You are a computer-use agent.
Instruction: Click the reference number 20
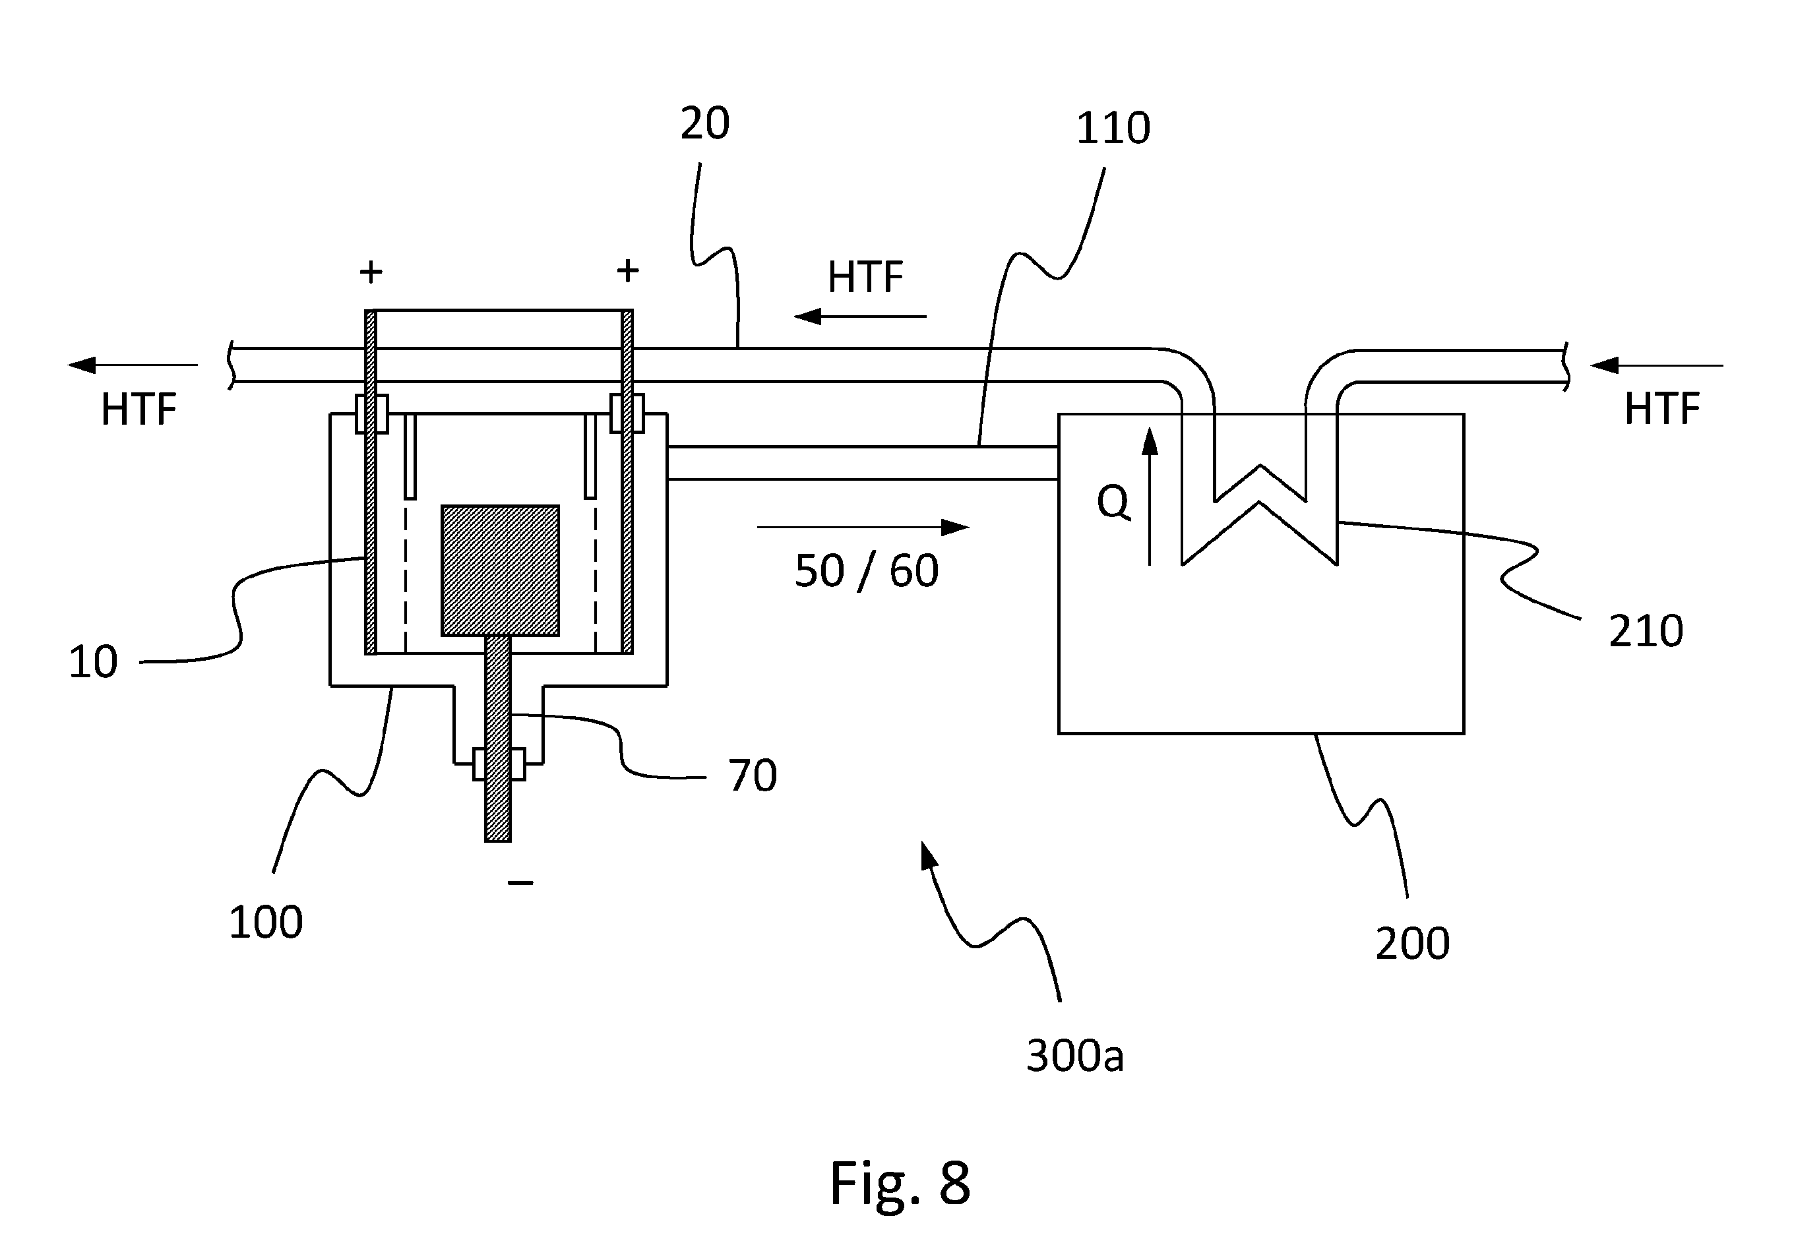pos(704,123)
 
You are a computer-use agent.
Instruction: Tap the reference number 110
pos(1113,128)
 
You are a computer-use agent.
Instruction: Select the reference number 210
pos(1646,630)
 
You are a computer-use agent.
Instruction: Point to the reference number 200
pos(1413,943)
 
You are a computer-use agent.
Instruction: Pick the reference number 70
pos(753,775)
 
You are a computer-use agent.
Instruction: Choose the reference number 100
pos(265,922)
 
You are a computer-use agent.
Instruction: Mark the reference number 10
pos(93,661)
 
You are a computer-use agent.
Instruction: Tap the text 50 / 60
pos(867,571)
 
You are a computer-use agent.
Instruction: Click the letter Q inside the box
pos(1113,502)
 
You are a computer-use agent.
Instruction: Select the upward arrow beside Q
pos(1150,495)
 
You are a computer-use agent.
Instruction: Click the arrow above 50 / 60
pos(863,528)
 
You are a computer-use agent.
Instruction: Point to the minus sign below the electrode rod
pos(520,882)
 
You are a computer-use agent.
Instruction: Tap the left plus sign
pos(371,272)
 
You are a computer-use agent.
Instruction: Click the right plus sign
pos(628,270)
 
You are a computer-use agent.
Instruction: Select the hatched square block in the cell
pos(500,570)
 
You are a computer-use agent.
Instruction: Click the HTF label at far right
pos(1661,409)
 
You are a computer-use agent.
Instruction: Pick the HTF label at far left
pos(139,409)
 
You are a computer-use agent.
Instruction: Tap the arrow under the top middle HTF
pos(859,316)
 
